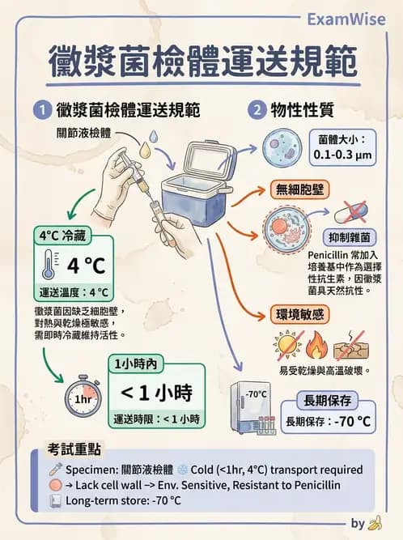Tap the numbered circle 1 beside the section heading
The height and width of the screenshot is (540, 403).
pos(40,108)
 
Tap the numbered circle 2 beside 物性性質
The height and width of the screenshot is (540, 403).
pos(257,108)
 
